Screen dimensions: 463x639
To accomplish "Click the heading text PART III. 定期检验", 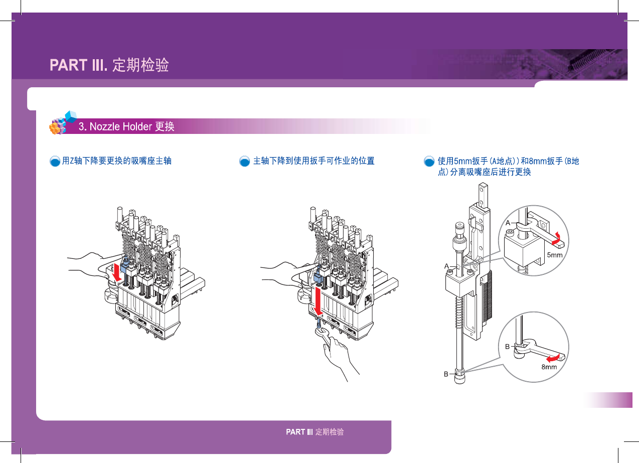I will pyautogui.click(x=109, y=65).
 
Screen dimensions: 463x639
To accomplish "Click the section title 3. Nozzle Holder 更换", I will pyautogui.click(x=126, y=126).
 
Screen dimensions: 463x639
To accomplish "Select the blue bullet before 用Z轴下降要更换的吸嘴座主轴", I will pyautogui.click(x=55, y=162).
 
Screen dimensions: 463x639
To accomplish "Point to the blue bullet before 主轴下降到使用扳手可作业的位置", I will pyautogui.click(x=244, y=162).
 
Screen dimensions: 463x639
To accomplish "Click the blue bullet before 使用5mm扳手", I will pyautogui.click(x=429, y=162).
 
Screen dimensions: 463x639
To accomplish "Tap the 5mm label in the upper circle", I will pyautogui.click(x=554, y=255).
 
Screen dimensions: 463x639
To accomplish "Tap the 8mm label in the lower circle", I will pyautogui.click(x=549, y=367).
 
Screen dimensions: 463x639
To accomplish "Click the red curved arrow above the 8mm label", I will pyautogui.click(x=553, y=357).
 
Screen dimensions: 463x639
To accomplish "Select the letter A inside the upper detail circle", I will pyautogui.click(x=508, y=222).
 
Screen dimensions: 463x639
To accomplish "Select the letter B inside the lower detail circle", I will pyautogui.click(x=507, y=346).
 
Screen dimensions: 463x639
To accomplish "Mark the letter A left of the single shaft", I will pyautogui.click(x=446, y=266).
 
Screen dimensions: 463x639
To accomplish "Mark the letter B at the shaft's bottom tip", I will pyautogui.click(x=446, y=374).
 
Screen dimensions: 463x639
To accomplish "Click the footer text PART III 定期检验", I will pyautogui.click(x=314, y=432).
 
